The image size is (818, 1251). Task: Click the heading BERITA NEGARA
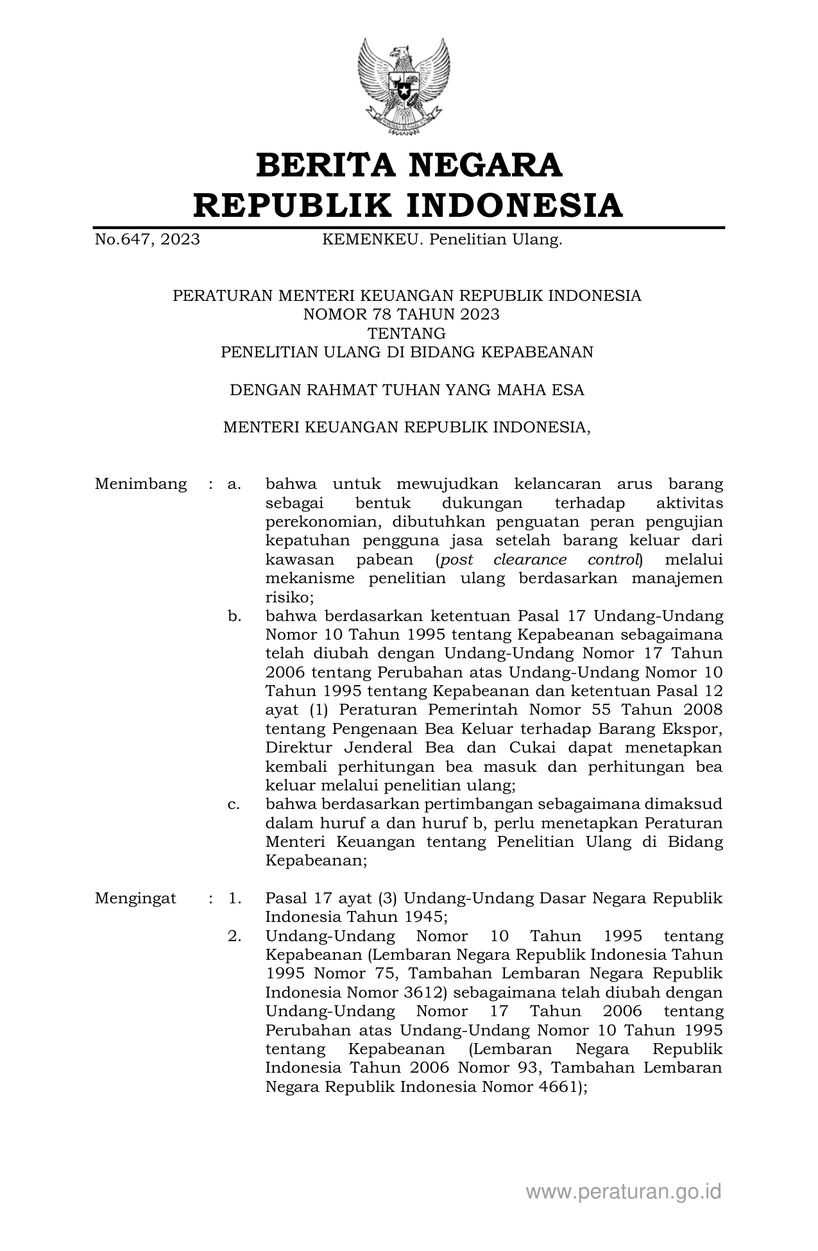coord(409,166)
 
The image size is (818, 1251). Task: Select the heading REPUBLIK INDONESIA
coord(409,205)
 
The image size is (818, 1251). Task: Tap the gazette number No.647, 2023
coord(147,240)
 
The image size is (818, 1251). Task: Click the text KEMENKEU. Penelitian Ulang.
coord(442,240)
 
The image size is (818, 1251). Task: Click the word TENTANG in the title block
coord(406,333)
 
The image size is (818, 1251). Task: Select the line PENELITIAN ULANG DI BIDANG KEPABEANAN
coord(407,352)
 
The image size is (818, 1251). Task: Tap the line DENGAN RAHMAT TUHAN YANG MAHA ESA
coord(407,390)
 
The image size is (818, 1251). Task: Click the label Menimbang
coord(141,484)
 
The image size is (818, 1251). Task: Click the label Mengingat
coord(135,898)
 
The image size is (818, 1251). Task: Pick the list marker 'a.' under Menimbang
coord(234,484)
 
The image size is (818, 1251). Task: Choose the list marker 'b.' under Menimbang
coord(234,617)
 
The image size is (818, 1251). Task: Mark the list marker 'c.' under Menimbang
coord(234,804)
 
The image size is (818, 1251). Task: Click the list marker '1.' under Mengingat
coord(234,898)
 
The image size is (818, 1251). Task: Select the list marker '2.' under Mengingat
coord(234,936)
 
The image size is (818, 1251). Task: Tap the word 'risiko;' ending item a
coord(289,597)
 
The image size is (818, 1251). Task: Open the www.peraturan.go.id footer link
coord(624,1191)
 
